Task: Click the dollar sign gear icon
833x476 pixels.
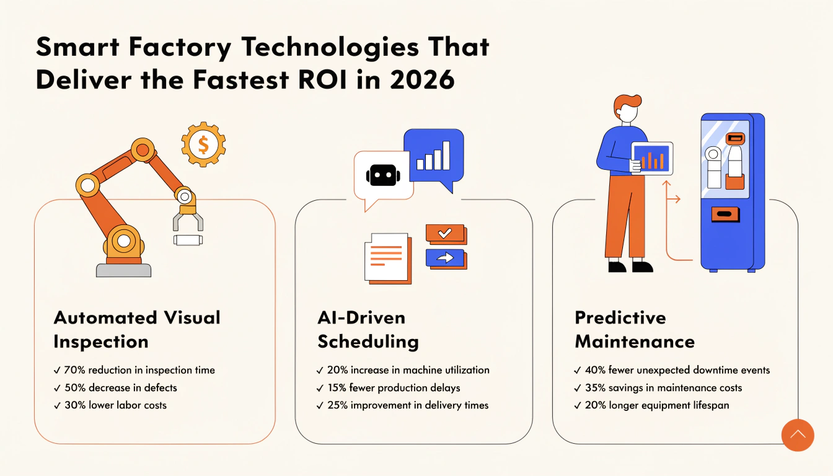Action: pos(203,144)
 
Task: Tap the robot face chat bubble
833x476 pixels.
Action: pos(384,176)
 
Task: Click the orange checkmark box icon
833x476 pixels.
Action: pos(446,234)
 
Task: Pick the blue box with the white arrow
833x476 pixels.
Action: pos(446,259)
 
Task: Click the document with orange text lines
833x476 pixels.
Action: pos(388,258)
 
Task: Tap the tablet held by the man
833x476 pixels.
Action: pos(651,159)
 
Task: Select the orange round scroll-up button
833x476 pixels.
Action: pos(798,435)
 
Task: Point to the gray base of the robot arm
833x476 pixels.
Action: pos(124,270)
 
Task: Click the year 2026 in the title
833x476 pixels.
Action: pos(423,79)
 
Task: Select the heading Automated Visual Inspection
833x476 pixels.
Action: pos(137,330)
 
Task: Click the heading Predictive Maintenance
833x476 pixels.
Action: pos(635,330)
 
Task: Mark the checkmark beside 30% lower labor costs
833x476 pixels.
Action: pos(57,406)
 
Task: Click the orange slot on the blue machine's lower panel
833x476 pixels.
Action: pos(725,214)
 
